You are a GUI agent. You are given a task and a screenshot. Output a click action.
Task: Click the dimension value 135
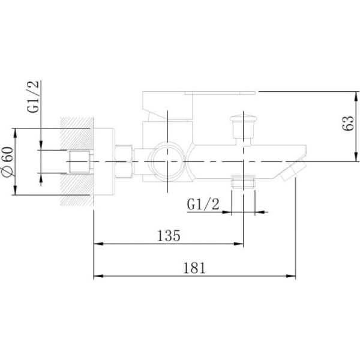[x=169, y=236]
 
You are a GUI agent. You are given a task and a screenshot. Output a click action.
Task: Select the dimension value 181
[x=194, y=268]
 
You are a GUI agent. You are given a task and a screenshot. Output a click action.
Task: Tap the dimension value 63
[x=348, y=123]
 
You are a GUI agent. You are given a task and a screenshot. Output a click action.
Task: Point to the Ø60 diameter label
[x=8, y=161]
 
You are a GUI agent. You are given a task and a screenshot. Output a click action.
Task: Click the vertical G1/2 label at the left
[x=33, y=97]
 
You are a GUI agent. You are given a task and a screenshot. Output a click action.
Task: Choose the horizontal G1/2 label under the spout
[x=203, y=204]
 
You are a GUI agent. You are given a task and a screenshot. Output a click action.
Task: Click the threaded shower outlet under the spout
[x=243, y=182]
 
